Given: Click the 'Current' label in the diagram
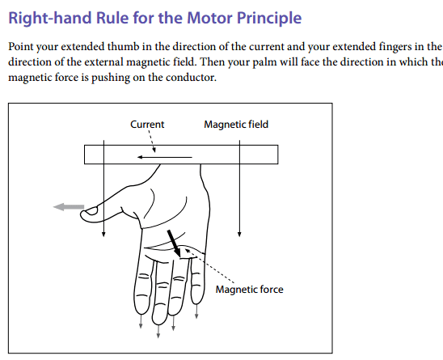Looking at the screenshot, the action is [147, 125].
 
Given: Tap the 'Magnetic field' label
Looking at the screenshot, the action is [236, 125].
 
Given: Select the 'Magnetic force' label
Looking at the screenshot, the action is [249, 290].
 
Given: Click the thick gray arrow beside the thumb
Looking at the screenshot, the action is [69, 207].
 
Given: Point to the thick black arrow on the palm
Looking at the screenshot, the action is [174, 244].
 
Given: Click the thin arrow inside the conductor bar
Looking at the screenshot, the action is [165, 157].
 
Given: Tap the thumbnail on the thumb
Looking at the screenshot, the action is [91, 210].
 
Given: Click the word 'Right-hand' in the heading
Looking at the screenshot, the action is [50, 19].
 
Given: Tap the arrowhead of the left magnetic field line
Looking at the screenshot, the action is [103, 235].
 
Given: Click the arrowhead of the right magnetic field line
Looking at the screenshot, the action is [239, 235].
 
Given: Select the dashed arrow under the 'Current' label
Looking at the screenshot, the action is [151, 141].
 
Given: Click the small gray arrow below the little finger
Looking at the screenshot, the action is [196, 311].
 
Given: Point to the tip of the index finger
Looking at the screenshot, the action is [141, 312].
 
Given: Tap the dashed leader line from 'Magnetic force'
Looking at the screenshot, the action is [209, 265].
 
